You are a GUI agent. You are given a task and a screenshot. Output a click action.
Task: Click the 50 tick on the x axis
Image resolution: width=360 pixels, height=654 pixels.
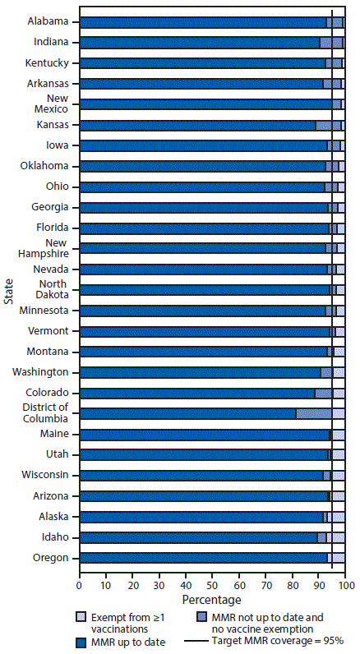pos(212,587)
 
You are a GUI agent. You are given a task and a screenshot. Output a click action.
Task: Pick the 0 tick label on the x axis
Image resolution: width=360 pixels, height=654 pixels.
pos(79,587)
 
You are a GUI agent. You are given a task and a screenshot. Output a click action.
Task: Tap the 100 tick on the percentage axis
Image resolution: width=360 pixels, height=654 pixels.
pos(345,587)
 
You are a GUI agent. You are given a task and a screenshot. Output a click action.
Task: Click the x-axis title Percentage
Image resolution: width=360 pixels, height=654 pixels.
pos(211,601)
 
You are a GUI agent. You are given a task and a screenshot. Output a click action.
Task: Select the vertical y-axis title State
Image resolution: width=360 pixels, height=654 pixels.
pos(8,290)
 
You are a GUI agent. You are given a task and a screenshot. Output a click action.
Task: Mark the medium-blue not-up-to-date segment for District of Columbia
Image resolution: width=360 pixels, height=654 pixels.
pos(314,413)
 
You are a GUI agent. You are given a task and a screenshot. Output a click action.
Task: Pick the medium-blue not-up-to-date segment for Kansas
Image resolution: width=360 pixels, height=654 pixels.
pos(328,125)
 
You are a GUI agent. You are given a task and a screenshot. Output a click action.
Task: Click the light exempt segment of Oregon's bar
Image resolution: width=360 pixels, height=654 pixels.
pos(338,558)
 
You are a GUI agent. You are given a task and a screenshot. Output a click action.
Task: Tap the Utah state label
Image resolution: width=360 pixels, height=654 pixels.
pos(62,454)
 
